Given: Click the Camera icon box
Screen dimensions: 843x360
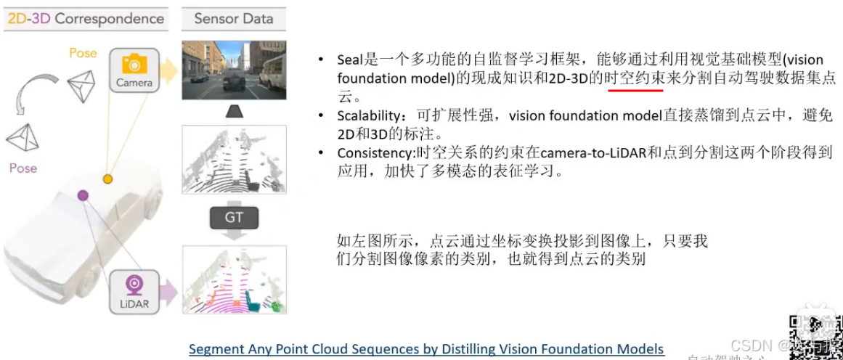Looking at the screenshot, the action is [134, 70].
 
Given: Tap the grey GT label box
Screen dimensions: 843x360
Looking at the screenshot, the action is [233, 217].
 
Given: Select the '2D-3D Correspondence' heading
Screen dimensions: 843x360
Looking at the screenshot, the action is [85, 18].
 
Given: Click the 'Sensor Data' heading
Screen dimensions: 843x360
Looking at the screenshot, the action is [233, 18].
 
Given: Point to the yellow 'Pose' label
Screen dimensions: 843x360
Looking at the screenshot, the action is [83, 53].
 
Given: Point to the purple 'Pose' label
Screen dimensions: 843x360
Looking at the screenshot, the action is [23, 168].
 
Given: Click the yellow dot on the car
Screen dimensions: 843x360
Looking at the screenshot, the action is [107, 179].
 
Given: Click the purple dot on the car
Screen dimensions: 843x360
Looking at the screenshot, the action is [83, 195].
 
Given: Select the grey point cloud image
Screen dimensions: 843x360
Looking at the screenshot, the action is [233, 159].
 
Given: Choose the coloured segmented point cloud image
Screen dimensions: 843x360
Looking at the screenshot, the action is [233, 279].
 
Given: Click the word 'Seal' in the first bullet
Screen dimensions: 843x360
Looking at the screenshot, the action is [349, 60].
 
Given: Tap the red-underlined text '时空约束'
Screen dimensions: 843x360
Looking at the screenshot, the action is [635, 78].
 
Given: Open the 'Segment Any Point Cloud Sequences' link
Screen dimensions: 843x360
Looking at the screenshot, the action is [426, 349].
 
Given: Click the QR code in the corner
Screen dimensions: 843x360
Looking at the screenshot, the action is [814, 338].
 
